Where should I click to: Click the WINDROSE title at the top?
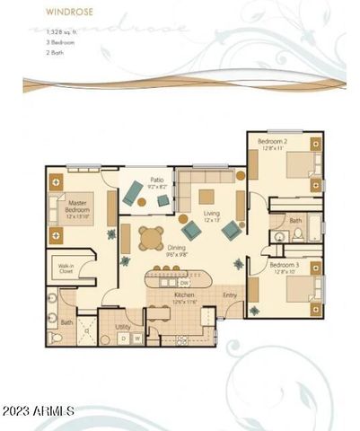click(x=43, y=13)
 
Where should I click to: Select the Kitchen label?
click(x=184, y=296)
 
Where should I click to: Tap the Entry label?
click(x=229, y=295)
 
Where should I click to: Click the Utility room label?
click(x=123, y=327)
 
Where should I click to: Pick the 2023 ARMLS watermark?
click(x=38, y=411)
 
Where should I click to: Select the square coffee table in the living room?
click(x=206, y=196)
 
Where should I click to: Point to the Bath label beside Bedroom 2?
click(x=295, y=220)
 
